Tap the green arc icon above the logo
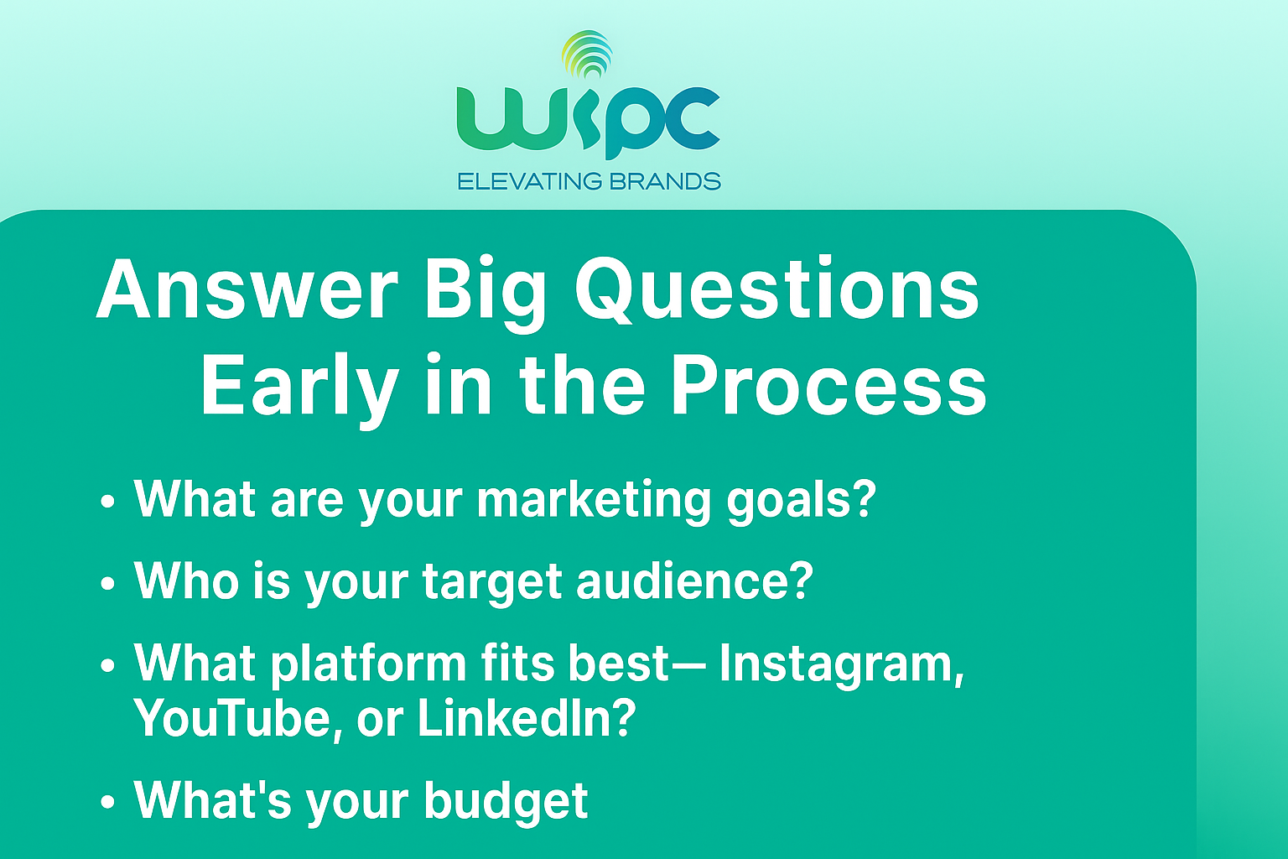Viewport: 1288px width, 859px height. [588, 54]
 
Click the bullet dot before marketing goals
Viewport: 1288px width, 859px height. [107, 501]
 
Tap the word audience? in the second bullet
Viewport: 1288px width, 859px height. [694, 581]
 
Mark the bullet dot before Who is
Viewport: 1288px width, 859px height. [107, 583]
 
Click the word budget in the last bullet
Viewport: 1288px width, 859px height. [506, 801]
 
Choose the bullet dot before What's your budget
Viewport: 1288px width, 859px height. [107, 802]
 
